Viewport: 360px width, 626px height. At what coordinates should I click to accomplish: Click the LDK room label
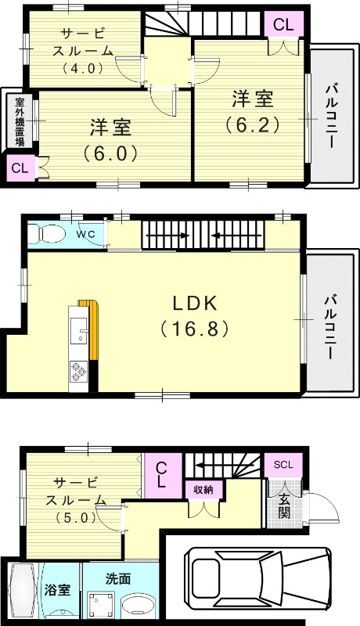pos(195,304)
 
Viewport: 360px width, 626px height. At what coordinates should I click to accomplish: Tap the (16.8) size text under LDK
pos(194,329)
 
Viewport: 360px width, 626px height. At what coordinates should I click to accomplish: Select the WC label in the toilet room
pos(85,234)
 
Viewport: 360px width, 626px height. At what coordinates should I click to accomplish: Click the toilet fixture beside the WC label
pos(46,233)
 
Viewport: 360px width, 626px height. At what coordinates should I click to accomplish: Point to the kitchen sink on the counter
pos(78,330)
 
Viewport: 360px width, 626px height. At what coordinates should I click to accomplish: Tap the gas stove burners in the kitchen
pos(77,372)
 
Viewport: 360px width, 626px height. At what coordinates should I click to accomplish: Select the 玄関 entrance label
pos(284,507)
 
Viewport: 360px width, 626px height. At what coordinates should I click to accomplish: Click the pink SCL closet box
pos(283,465)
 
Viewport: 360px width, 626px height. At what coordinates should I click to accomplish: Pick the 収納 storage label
pos(203,490)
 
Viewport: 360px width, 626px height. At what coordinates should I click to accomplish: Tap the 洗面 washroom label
pos(118,578)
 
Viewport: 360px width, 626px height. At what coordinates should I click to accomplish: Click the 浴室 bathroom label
pos(57,590)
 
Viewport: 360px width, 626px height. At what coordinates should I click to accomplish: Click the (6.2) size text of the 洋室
pos(252,125)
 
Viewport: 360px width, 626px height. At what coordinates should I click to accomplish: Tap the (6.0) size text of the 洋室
pos(110,153)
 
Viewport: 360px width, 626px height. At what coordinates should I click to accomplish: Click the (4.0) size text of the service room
pos(83,68)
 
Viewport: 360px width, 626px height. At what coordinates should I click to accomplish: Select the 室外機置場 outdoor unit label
pos(20,121)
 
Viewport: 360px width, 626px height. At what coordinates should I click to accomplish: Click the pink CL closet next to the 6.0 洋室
pos(20,167)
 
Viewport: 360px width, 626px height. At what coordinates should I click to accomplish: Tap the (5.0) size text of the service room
pos(76,517)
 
